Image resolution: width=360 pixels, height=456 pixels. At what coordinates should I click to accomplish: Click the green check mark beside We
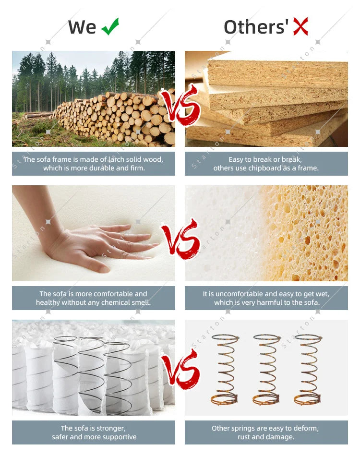(110, 27)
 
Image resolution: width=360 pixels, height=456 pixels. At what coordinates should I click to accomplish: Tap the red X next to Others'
(300, 26)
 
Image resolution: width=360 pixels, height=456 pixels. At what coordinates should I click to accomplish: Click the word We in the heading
(82, 27)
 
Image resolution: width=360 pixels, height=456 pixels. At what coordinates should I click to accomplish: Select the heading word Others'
(256, 27)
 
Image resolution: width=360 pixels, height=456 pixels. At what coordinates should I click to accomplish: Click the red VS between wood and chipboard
(181, 105)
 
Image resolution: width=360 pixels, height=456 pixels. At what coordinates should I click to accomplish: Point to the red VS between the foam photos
(181, 239)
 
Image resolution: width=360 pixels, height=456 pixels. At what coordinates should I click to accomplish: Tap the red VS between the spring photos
(181, 369)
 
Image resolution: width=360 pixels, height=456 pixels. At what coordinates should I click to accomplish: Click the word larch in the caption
(117, 159)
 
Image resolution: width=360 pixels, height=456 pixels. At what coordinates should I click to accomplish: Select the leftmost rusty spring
(225, 370)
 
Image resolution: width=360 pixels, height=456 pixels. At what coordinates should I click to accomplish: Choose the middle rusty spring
(266, 370)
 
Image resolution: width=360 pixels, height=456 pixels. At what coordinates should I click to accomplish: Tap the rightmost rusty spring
(308, 370)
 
